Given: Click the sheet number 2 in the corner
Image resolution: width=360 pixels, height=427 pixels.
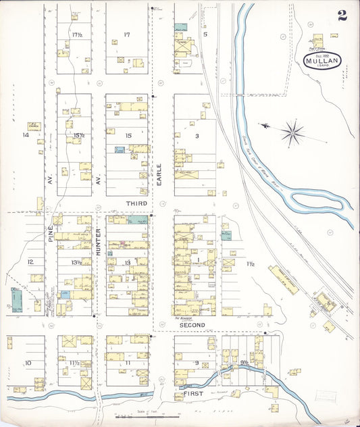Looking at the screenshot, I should [343, 15].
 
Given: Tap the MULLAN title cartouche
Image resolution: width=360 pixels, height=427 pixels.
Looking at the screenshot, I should [322, 61].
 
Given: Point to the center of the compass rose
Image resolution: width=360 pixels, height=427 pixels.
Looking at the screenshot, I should [292, 132].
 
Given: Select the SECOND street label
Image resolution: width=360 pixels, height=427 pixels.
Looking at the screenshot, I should [192, 324].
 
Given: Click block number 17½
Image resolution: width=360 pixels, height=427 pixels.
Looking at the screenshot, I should [77, 34].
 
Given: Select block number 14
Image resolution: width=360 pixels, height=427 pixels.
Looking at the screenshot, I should [26, 135].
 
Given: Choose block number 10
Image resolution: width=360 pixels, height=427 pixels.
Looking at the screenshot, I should [28, 363].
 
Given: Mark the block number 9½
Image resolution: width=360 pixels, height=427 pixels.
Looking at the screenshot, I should [244, 363].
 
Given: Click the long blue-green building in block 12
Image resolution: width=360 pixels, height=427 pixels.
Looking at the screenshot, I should [15, 299].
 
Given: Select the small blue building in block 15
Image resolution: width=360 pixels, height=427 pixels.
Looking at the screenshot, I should [119, 149].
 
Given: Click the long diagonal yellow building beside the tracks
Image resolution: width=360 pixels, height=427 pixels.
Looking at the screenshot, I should [284, 280].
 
